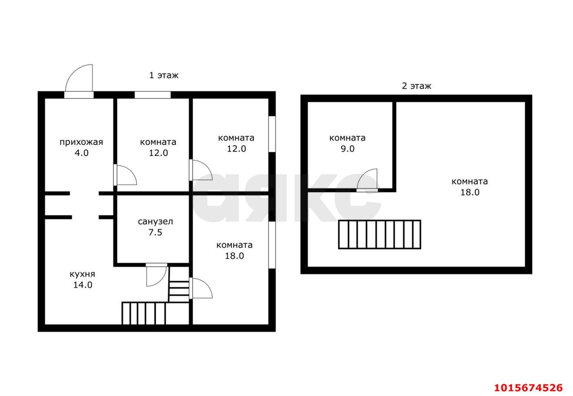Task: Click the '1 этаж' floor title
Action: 164,75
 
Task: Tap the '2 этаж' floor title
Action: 416,86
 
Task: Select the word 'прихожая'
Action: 81,142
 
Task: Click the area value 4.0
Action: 81,153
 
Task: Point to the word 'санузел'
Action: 155,221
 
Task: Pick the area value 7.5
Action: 155,232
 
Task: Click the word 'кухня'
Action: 82,274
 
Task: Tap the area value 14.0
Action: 83,285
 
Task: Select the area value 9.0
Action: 347,149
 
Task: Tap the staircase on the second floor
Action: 380,234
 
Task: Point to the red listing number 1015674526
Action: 528,387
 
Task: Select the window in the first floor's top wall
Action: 153,95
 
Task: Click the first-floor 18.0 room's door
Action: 201,288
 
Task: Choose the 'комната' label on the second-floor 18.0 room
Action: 470,181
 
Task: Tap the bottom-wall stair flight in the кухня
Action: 144,313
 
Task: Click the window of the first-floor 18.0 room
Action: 272,245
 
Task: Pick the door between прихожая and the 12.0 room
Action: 125,175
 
